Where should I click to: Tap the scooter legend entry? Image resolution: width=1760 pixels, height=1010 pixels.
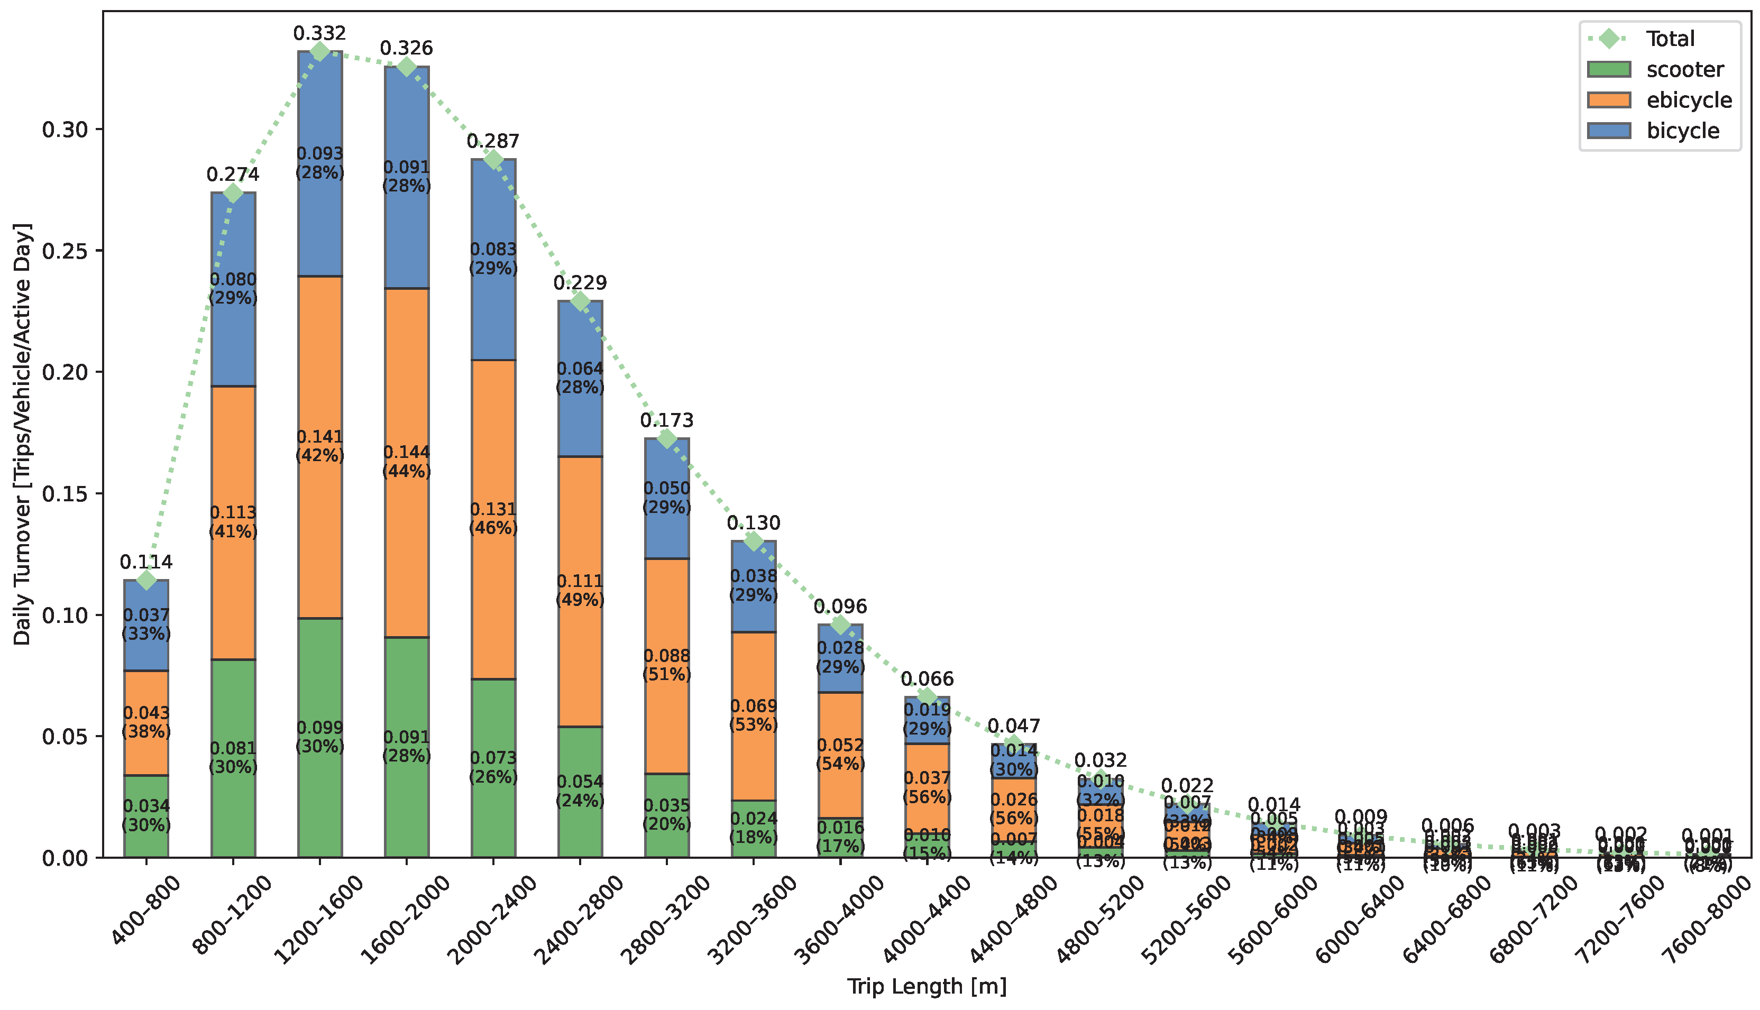click(1684, 69)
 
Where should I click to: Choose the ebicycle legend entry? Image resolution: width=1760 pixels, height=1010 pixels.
click(1689, 100)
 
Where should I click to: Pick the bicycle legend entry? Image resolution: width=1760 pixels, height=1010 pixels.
click(1682, 131)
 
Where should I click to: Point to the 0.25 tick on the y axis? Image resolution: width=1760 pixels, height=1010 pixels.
click(65, 251)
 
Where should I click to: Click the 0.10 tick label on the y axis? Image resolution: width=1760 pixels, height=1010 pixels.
click(65, 616)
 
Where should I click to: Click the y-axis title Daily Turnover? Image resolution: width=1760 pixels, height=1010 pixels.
click(22, 434)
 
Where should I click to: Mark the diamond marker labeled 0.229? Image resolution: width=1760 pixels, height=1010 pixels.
click(580, 301)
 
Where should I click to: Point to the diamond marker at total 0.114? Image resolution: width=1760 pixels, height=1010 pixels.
click(146, 579)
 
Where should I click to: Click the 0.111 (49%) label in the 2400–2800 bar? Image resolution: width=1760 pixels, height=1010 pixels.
click(580, 590)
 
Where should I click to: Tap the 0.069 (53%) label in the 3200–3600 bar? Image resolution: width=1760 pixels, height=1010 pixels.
click(754, 715)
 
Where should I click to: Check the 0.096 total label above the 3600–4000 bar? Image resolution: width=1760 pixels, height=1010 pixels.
click(840, 607)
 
